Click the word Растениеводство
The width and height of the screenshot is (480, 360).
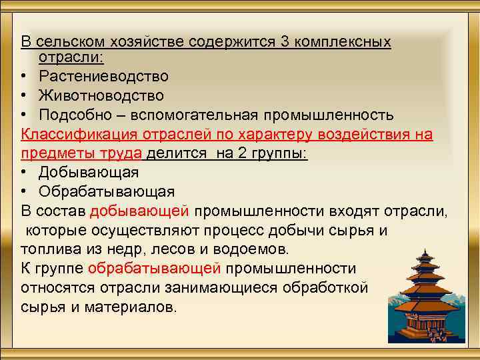103,77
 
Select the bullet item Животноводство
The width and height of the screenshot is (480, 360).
101,97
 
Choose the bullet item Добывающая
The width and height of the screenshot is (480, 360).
89,173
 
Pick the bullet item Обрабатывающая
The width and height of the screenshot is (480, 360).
107,192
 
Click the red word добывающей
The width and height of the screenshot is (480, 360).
140,211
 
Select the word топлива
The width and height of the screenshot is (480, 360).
47,249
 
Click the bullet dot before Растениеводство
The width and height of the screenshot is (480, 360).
25,78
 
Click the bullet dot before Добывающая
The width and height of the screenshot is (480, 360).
25,173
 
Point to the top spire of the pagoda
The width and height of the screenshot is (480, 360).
424,251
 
